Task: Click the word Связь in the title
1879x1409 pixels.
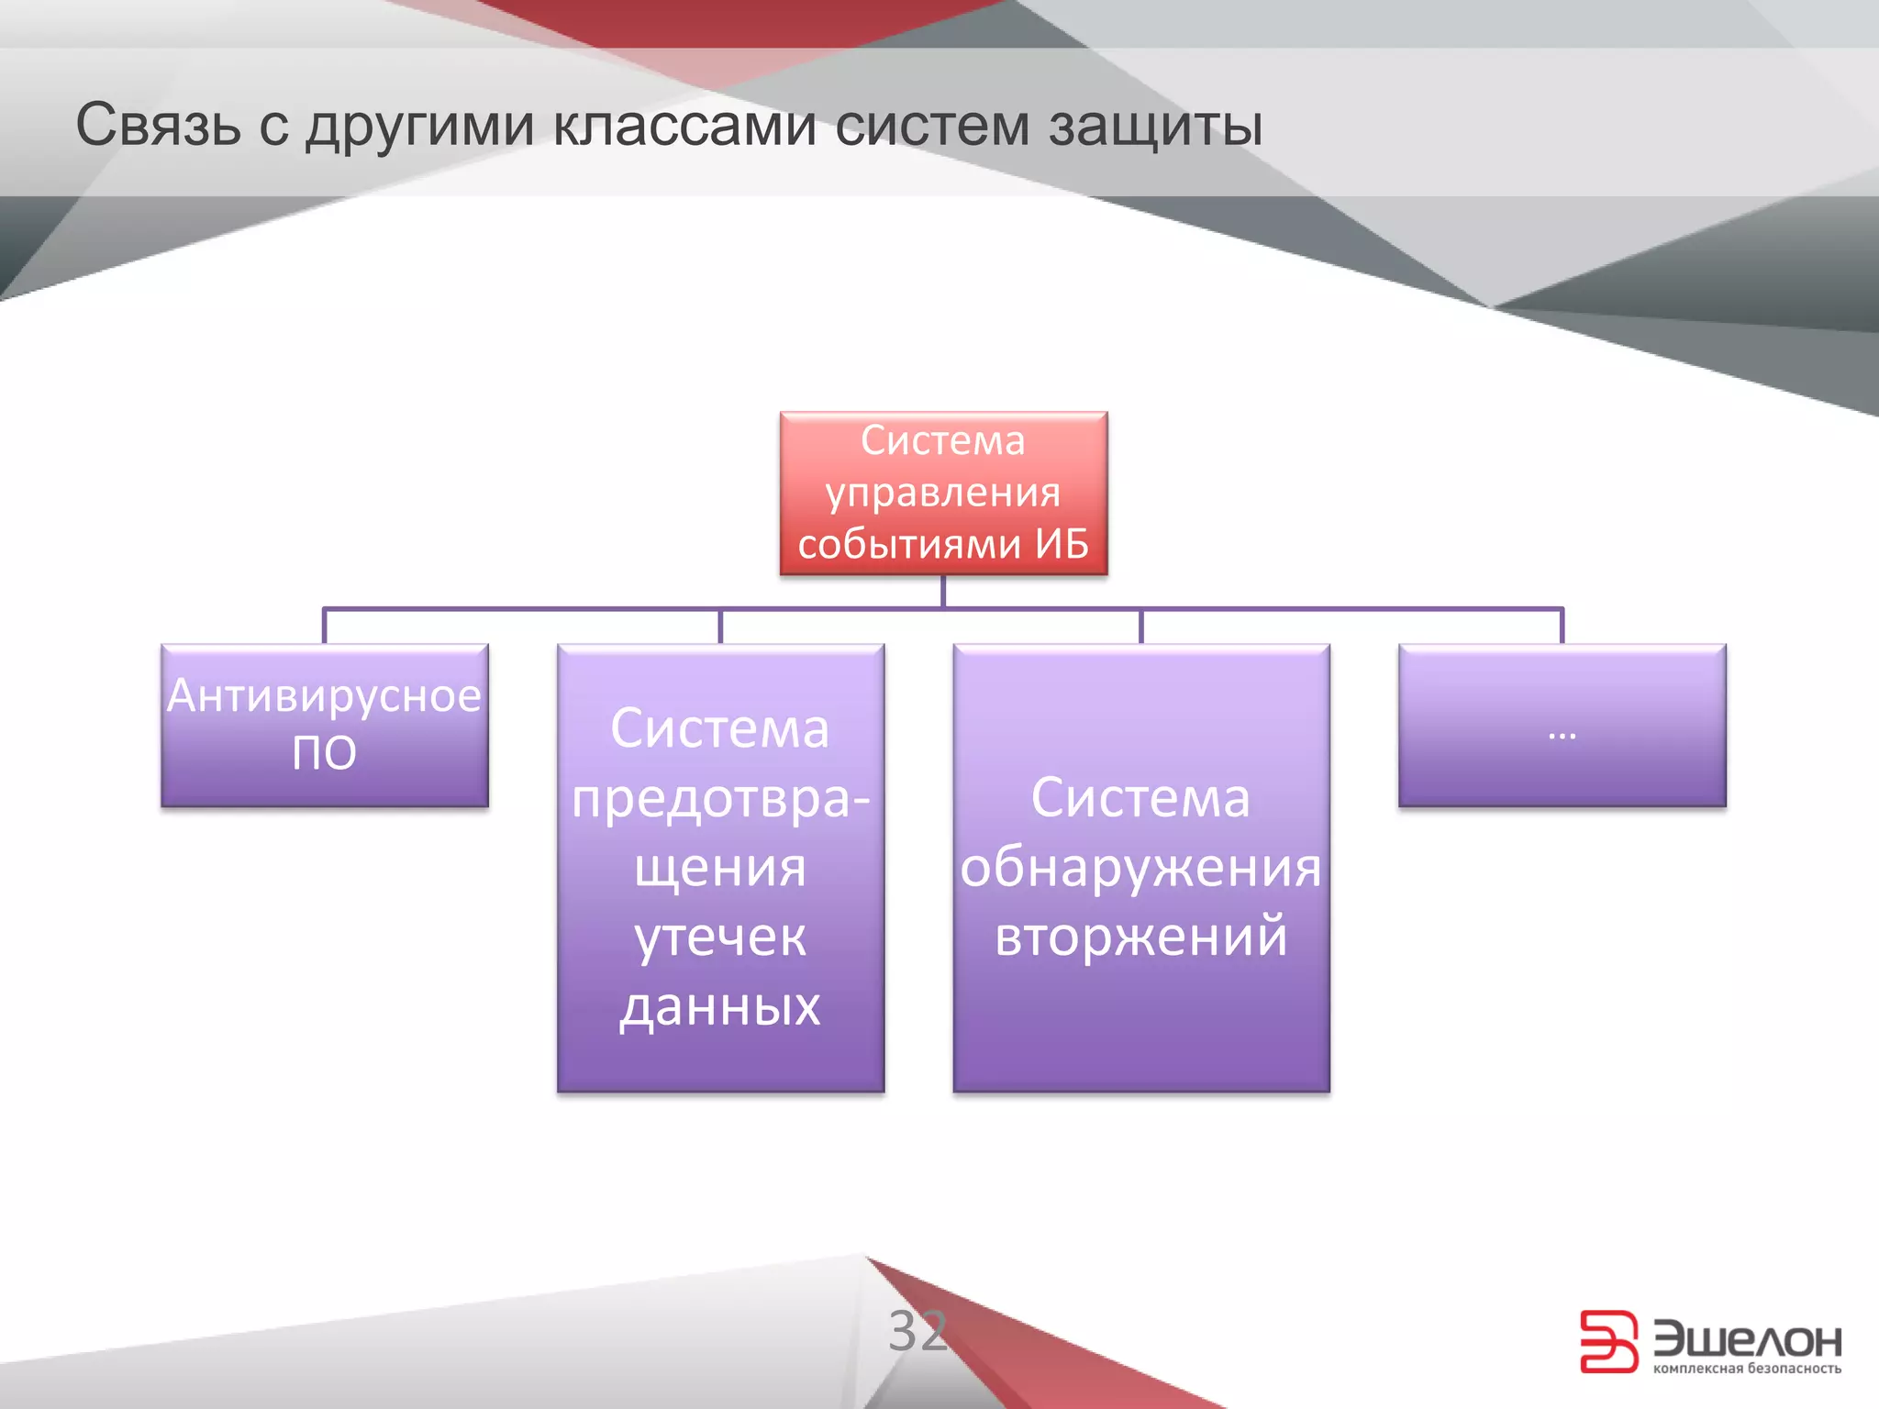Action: (158, 125)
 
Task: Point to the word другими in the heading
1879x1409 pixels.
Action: (419, 127)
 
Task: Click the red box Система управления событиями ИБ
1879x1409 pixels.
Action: (943, 494)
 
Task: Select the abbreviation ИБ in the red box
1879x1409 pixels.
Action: (1062, 544)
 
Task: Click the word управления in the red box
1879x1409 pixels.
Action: (943, 494)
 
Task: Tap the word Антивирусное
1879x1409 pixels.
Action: (325, 695)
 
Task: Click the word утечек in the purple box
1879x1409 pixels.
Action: (720, 937)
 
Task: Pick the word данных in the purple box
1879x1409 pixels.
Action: (720, 1006)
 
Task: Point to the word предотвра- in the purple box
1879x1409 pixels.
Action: (720, 798)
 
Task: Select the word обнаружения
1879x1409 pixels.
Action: (1140, 867)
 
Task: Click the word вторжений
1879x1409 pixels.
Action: (1140, 937)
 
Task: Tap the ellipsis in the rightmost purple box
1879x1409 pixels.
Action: (1562, 734)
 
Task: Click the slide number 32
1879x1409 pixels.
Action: (917, 1330)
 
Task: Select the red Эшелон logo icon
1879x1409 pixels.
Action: (1608, 1341)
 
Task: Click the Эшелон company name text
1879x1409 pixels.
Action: (1747, 1339)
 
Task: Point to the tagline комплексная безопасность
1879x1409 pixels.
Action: (1747, 1369)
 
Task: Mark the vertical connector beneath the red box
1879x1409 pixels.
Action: (943, 591)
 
